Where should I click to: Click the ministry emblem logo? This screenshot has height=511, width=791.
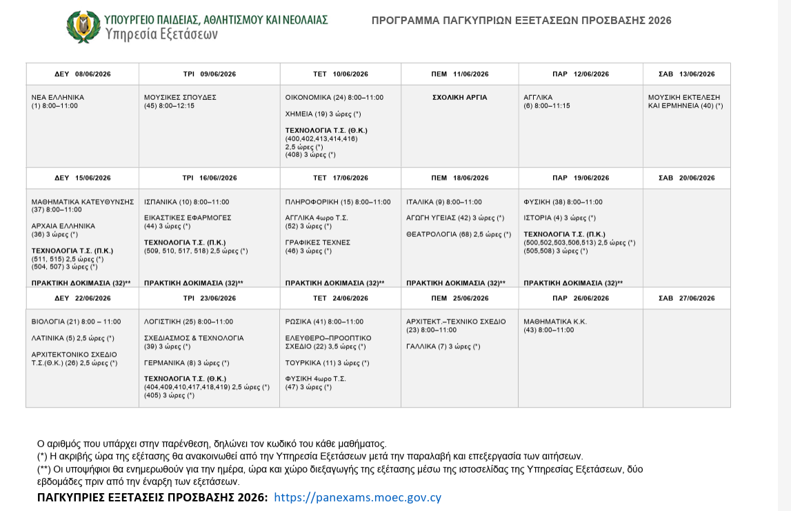pyautogui.click(x=83, y=26)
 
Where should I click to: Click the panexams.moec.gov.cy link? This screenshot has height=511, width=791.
pyautogui.click(x=357, y=497)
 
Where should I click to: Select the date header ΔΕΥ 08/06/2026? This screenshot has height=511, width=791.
pyautogui.click(x=83, y=74)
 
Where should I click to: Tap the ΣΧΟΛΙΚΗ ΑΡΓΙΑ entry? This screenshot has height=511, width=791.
pyautogui.click(x=459, y=98)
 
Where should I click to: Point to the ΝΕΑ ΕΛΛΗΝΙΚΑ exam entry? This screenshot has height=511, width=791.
pyautogui.click(x=58, y=98)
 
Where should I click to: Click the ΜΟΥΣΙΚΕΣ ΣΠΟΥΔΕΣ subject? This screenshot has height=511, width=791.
pyautogui.click(x=180, y=98)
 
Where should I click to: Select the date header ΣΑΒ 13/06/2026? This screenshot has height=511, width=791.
pyautogui.click(x=687, y=74)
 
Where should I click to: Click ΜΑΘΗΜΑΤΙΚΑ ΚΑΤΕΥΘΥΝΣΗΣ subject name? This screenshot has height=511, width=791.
pyautogui.click(x=83, y=202)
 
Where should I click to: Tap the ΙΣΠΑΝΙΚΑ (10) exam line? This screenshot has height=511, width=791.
pyautogui.click(x=186, y=202)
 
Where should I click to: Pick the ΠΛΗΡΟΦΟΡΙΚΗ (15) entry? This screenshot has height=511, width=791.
pyautogui.click(x=338, y=202)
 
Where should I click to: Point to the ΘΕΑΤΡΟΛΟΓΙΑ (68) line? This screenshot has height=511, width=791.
pyautogui.click(x=459, y=234)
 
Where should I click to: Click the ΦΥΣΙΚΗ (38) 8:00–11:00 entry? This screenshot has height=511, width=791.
pyautogui.click(x=563, y=202)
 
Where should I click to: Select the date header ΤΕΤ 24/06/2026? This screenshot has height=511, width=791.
pyautogui.click(x=340, y=298)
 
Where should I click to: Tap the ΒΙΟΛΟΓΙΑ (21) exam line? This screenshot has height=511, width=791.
pyautogui.click(x=76, y=322)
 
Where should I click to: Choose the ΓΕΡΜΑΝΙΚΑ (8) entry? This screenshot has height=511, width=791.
pyautogui.click(x=186, y=363)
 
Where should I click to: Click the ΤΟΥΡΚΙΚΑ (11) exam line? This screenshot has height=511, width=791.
pyautogui.click(x=327, y=363)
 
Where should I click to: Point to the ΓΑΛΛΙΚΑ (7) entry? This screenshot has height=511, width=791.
pyautogui.click(x=443, y=346)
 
